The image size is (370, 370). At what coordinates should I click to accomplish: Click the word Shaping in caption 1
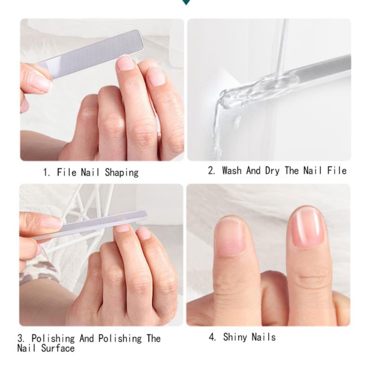(x=122, y=172)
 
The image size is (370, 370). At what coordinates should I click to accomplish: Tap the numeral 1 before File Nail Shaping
(x=45, y=172)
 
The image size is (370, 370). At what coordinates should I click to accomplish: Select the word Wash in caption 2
(x=232, y=170)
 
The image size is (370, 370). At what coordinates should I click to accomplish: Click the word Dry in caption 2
(x=272, y=171)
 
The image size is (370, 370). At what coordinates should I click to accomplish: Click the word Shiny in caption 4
(x=235, y=338)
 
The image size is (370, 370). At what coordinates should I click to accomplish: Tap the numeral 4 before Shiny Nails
(x=211, y=337)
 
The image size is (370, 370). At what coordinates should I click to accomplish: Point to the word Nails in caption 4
(x=264, y=337)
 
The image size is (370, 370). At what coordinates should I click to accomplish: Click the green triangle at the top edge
(x=186, y=2)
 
